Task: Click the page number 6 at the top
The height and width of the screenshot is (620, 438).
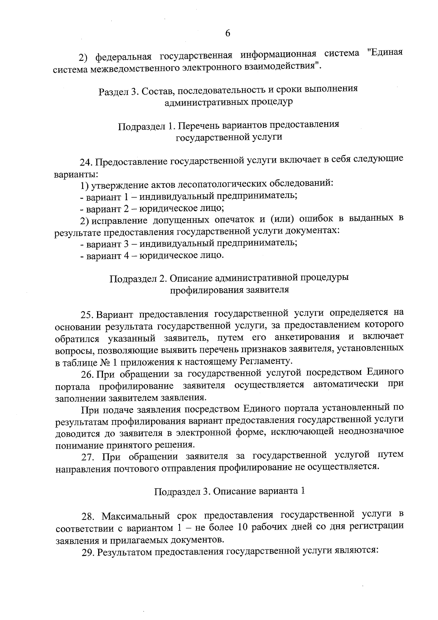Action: coord(227,33)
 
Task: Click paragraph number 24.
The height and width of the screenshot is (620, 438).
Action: coord(87,161)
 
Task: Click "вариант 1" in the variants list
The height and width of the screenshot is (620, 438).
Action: coord(106,197)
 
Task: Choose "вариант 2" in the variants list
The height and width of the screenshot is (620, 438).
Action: coord(106,209)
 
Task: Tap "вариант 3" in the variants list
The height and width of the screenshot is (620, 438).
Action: coord(106,243)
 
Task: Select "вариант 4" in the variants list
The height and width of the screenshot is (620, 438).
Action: coord(106,255)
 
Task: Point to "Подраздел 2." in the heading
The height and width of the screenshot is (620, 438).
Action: coord(138,278)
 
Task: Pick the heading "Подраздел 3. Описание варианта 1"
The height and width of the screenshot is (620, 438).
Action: coord(230,491)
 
